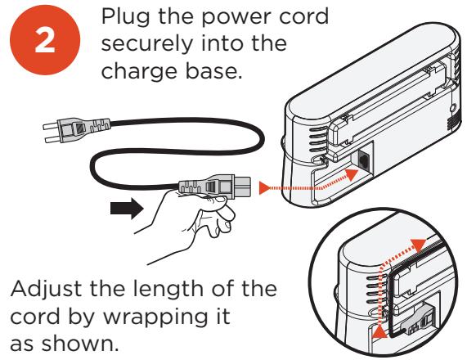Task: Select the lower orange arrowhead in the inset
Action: pos(376,334)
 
